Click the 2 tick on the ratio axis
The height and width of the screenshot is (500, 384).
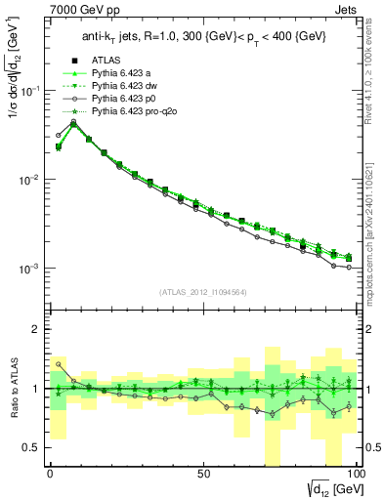pyautogui.click(x=36, y=329)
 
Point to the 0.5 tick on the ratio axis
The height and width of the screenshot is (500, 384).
pyautogui.click(x=31, y=447)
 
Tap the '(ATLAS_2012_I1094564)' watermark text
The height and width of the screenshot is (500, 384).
pyautogui.click(x=202, y=291)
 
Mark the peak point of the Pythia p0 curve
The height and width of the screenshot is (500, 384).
pyautogui.click(x=73, y=122)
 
